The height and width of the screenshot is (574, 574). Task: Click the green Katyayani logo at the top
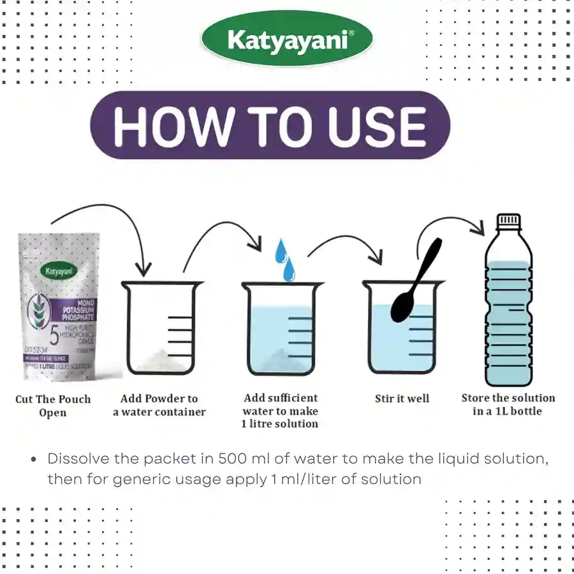pos(287,41)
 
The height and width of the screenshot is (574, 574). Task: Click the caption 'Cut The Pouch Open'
pos(53,406)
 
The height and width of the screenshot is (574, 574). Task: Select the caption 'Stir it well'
pos(402,399)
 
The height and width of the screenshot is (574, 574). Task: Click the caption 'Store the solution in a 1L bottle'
pos(508,404)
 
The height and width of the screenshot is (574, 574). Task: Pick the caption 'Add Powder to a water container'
pos(159,405)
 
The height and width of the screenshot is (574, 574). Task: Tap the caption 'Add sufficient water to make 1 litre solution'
pos(280,411)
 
